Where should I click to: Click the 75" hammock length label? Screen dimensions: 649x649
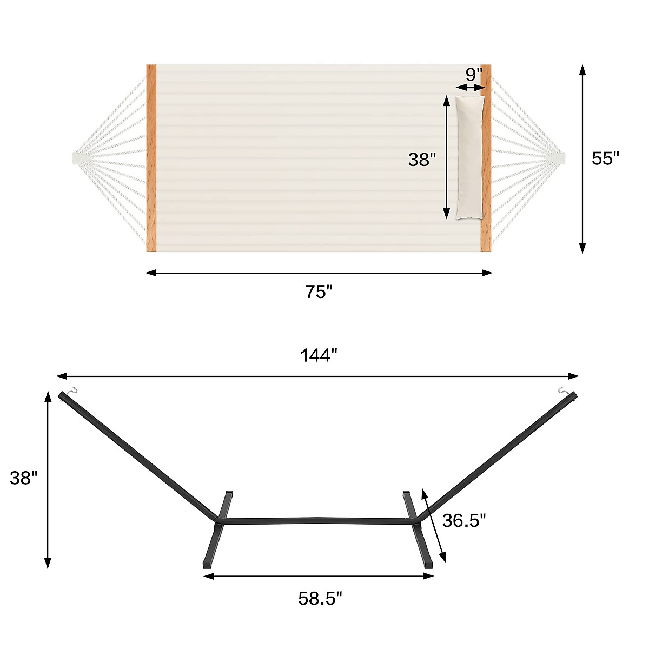(318, 292)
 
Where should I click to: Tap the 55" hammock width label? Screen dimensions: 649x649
(605, 158)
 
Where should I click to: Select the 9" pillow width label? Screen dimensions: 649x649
(474, 75)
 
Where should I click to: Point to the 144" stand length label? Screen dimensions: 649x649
(319, 355)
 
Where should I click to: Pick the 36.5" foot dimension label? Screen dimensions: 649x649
(464, 520)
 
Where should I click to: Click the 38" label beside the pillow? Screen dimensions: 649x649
(422, 160)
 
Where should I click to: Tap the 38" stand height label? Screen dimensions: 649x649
(24, 478)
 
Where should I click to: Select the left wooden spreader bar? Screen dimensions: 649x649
(151, 158)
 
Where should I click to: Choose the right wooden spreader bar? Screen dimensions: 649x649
(486, 158)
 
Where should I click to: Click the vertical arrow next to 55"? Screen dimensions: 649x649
(582, 158)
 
